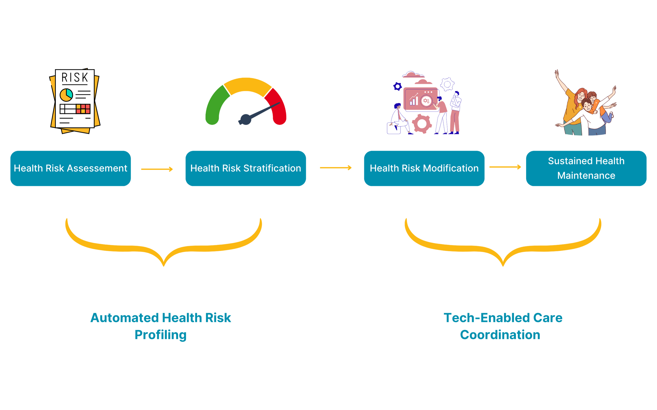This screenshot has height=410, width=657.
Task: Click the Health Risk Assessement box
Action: [71, 168]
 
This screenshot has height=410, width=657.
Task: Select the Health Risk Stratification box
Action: [246, 168]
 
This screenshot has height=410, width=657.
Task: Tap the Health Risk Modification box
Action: [424, 168]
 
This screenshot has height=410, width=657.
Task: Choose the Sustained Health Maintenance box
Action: [586, 168]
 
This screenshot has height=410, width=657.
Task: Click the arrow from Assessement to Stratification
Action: [157, 169]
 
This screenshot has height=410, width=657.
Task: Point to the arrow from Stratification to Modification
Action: [336, 168]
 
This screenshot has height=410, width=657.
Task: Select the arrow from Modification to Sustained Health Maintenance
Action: [505, 167]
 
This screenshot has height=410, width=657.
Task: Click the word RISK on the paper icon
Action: [75, 78]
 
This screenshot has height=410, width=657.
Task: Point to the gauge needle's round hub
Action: [246, 119]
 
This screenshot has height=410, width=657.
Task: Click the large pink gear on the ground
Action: [422, 124]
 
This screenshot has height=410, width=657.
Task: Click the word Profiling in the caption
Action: [161, 335]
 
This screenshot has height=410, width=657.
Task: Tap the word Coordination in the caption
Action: [500, 335]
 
